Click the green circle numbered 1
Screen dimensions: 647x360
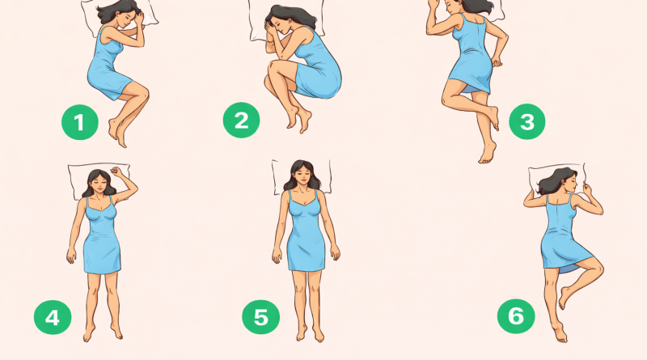(x=79, y=122)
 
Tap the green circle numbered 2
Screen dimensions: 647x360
(x=241, y=121)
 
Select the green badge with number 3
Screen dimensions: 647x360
(x=527, y=121)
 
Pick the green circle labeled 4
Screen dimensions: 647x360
(x=53, y=317)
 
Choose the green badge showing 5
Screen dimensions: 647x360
(x=260, y=316)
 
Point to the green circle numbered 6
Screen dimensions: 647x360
(x=516, y=316)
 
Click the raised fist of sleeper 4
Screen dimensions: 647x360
(x=116, y=172)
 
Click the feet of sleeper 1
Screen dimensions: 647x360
(x=117, y=131)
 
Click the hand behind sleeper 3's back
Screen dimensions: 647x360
(x=497, y=62)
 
